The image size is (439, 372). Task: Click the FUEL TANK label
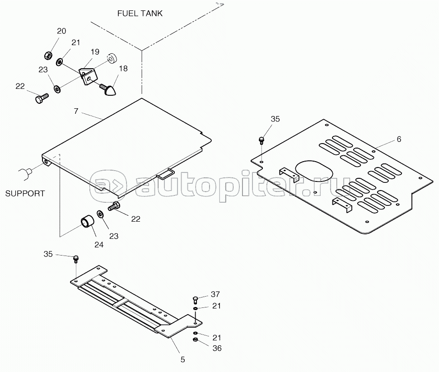[x=140, y=14]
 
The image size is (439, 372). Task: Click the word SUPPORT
[x=25, y=193]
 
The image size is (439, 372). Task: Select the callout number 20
[x=61, y=31]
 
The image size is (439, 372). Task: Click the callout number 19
[x=95, y=52]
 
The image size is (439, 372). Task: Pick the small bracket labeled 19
[x=88, y=76]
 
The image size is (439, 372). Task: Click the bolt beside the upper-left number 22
[x=42, y=98]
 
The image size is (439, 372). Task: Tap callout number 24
[x=99, y=245]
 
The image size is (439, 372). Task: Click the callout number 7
[x=76, y=111]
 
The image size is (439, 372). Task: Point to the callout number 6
[x=399, y=139]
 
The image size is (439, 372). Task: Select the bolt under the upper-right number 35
[x=262, y=140]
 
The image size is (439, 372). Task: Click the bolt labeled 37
[x=196, y=300]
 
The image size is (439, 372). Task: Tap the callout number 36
[x=217, y=348]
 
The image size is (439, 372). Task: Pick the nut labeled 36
[x=196, y=340]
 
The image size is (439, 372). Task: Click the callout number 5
[x=182, y=360]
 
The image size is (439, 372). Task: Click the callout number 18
[x=123, y=69]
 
